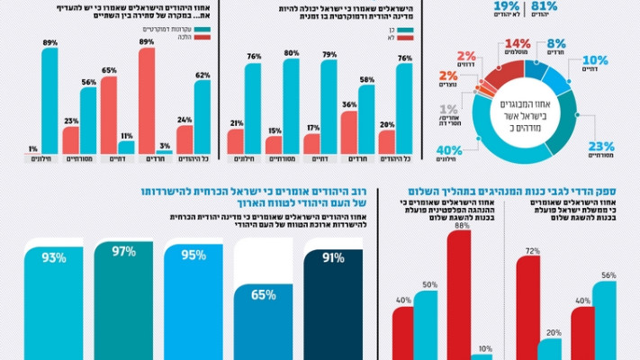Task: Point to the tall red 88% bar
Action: click(462, 297)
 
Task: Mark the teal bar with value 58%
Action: click(367, 120)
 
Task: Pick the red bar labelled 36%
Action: click(349, 132)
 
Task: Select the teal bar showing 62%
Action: click(202, 117)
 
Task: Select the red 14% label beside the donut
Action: click(518, 44)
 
